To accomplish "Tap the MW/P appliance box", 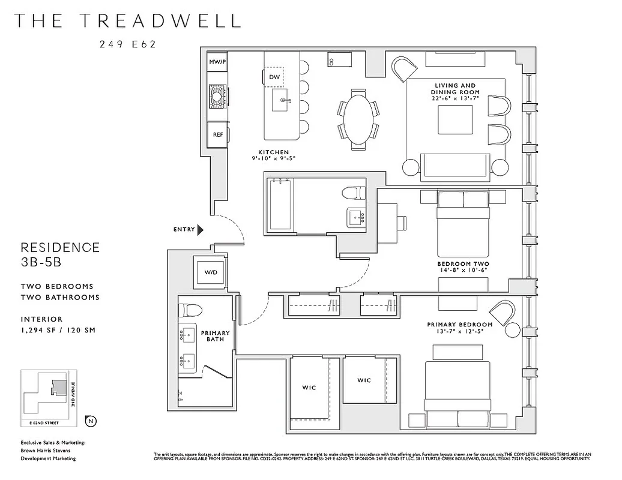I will click(x=217, y=62).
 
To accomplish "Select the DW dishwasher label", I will click(x=274, y=77).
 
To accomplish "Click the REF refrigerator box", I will click(x=217, y=134).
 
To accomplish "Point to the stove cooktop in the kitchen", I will click(x=217, y=94).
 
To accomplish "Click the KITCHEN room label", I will click(x=274, y=152).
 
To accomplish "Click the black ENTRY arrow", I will click(x=201, y=229).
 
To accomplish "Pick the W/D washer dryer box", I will click(x=211, y=272).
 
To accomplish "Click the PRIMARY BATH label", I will click(x=215, y=336).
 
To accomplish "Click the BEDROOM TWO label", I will click(x=463, y=264).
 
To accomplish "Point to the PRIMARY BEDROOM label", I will click(x=459, y=325).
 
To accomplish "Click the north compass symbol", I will click(x=91, y=421).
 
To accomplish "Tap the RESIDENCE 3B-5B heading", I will click(x=60, y=254).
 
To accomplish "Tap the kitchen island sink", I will click(x=280, y=101).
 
